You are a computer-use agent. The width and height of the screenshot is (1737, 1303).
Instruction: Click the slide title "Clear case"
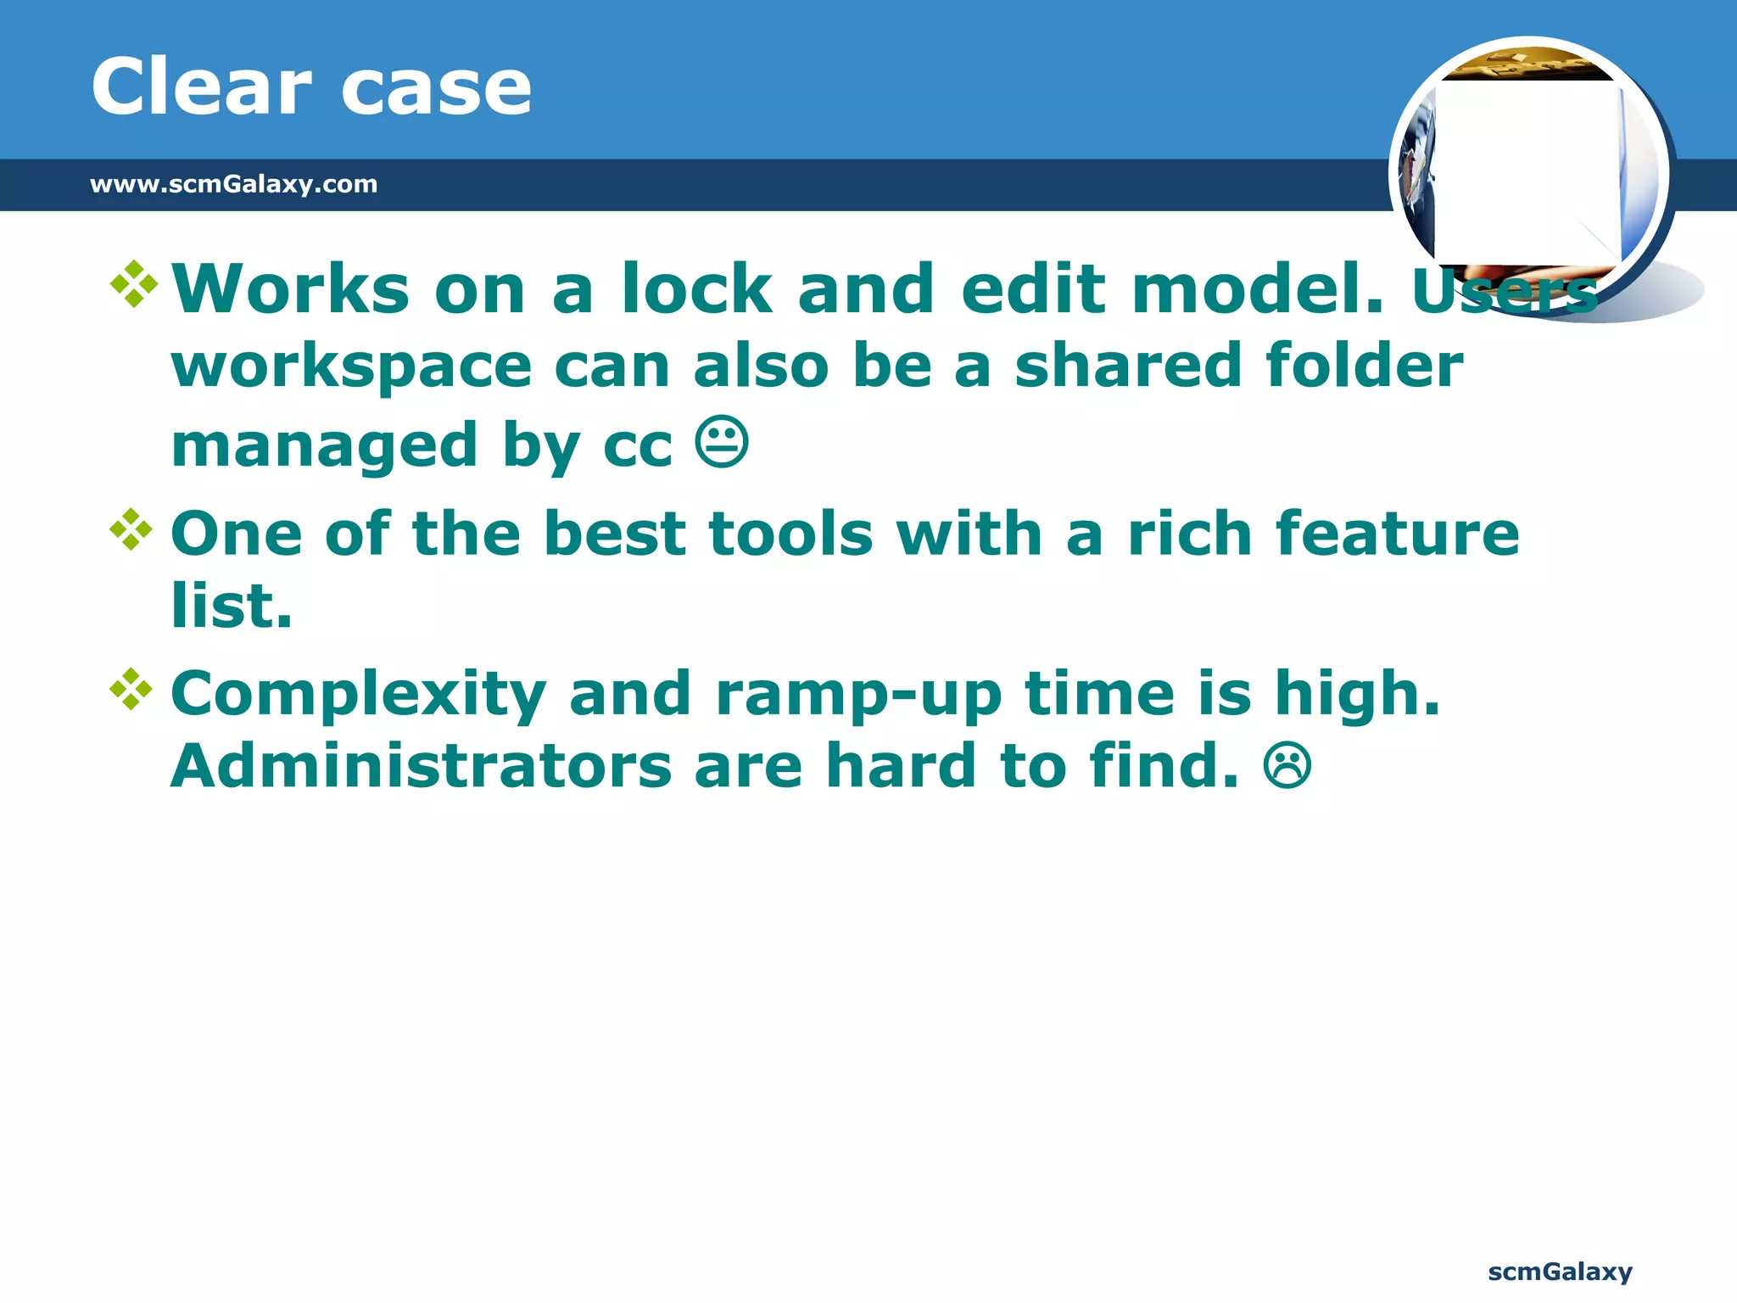pyautogui.click(x=311, y=87)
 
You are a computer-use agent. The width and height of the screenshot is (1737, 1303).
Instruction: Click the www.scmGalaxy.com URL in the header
pyautogui.click(x=233, y=184)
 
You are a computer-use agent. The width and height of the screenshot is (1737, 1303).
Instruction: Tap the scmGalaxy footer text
pyautogui.click(x=1560, y=1272)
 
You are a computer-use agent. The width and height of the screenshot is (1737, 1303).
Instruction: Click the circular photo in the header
pyautogui.click(x=1529, y=174)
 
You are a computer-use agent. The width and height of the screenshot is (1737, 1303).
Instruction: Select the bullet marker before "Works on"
pyautogui.click(x=134, y=284)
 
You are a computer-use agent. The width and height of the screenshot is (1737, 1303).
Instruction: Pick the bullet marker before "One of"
pyautogui.click(x=131, y=529)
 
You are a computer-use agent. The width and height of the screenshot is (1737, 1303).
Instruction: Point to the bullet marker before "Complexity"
pyautogui.click(x=131, y=689)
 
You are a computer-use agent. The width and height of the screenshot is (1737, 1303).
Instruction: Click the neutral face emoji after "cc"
pyautogui.click(x=722, y=442)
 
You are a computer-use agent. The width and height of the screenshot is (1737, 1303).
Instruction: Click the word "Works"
pyautogui.click(x=291, y=288)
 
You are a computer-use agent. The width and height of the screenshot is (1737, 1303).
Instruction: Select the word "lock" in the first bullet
pyautogui.click(x=696, y=288)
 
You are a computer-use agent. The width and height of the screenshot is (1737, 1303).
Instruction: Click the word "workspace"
pyautogui.click(x=351, y=366)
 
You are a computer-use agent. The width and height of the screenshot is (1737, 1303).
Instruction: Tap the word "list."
pyautogui.click(x=232, y=606)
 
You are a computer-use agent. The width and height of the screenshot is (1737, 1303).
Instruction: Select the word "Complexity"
pyautogui.click(x=358, y=694)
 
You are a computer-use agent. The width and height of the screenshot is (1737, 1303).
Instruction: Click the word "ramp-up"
pyautogui.click(x=859, y=694)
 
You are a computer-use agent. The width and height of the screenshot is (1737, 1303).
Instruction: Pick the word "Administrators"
pyautogui.click(x=422, y=765)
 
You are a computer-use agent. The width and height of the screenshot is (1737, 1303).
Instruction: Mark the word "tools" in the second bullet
pyautogui.click(x=790, y=534)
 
